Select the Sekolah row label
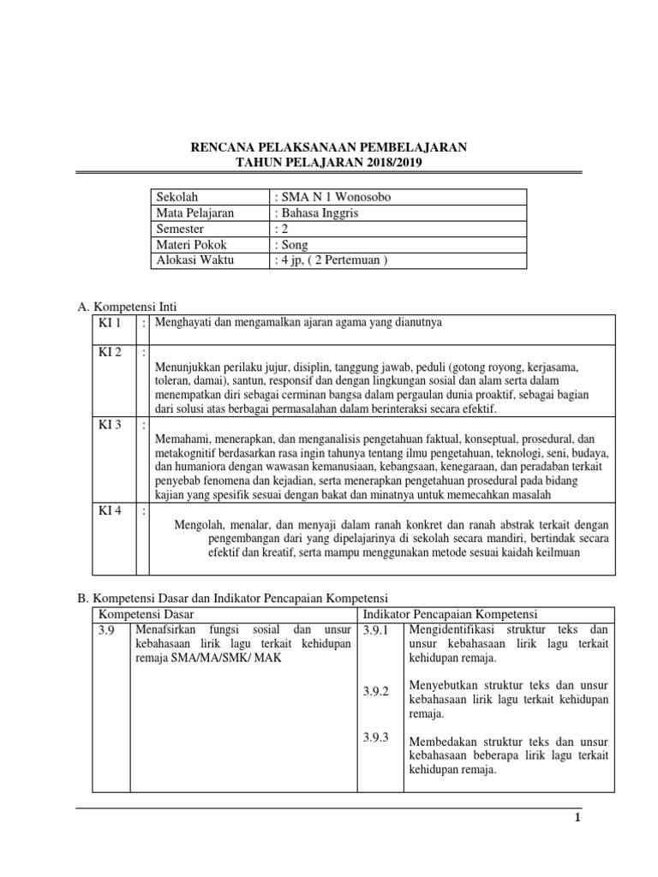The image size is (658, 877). tap(176, 197)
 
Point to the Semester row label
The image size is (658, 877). tap(180, 229)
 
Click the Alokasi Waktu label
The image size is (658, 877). tap(194, 260)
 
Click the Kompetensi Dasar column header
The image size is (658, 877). tap(146, 614)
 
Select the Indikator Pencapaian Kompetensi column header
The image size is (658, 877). tap(450, 614)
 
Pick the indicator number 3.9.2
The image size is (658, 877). tap(375, 690)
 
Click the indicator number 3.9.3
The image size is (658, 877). tap(375, 737)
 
